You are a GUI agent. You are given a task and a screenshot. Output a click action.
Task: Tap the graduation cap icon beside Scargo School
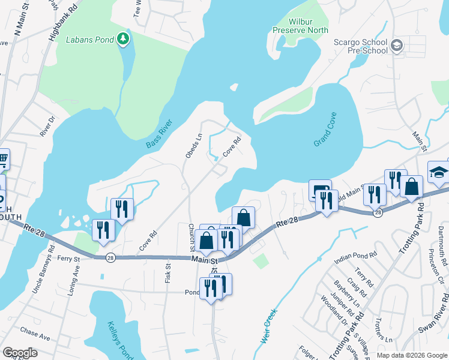pos(396,46)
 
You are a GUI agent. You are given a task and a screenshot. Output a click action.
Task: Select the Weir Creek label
pos(268,325)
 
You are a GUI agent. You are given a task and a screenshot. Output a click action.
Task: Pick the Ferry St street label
pos(68,259)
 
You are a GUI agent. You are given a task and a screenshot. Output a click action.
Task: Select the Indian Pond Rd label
pos(356,254)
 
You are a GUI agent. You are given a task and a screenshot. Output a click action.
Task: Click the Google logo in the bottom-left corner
pos(20,353)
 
